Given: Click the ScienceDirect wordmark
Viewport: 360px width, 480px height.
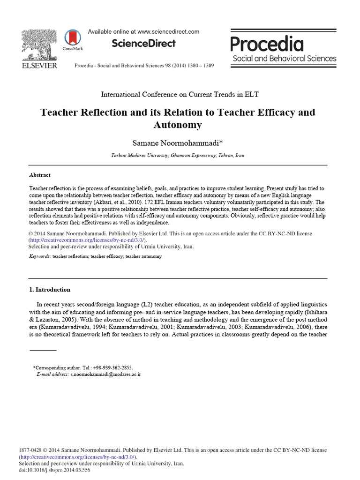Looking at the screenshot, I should (x=143, y=44).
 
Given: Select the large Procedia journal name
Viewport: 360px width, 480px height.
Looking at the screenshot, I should (x=267, y=45).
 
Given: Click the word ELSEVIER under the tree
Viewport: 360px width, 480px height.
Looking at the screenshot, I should (x=39, y=66).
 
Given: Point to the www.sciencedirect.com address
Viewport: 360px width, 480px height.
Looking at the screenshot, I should (x=169, y=32).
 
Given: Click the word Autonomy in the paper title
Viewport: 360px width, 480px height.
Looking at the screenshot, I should (x=178, y=125).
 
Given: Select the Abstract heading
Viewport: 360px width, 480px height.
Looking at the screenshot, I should (x=40, y=175).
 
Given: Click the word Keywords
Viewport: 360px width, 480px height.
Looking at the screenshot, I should (x=39, y=257).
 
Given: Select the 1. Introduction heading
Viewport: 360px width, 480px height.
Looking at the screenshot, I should (x=50, y=290).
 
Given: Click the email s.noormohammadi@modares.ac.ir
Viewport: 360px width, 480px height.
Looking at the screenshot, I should (x=105, y=375).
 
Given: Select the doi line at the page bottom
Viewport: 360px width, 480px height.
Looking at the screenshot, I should (x=54, y=470).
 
